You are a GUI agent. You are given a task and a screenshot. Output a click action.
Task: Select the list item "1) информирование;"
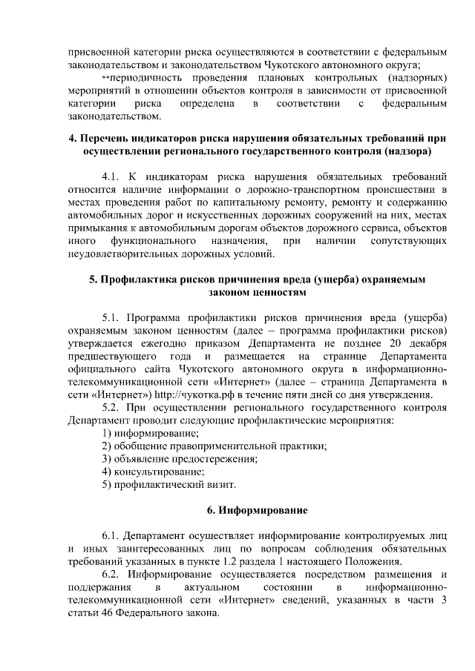(146, 432)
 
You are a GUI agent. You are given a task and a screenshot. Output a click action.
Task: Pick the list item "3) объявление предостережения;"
(180, 458)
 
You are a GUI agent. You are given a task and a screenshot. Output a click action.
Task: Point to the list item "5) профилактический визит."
(169, 484)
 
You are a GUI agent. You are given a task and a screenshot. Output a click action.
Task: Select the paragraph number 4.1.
(113, 176)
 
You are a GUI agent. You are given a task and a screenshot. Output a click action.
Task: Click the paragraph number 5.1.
(113, 317)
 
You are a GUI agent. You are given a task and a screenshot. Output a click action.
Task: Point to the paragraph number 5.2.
(113, 406)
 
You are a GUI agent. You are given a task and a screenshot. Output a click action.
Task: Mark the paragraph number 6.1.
(113, 535)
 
